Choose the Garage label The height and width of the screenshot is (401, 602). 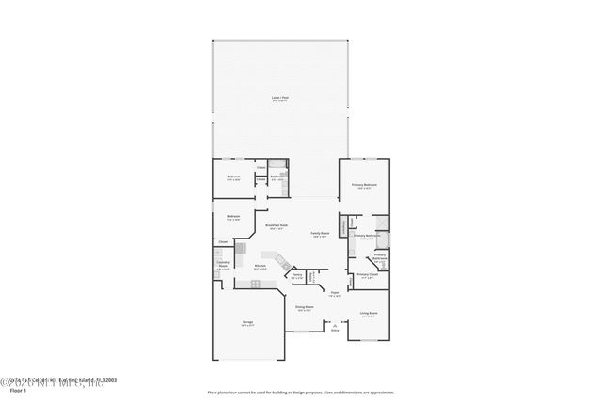[x=247, y=322]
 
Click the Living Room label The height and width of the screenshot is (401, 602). [x=368, y=314]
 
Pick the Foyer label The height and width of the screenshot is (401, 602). [x=335, y=293]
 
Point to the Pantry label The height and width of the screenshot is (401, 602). [x=296, y=275]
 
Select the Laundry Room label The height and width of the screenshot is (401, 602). [x=223, y=266]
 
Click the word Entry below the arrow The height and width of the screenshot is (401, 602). [x=335, y=330]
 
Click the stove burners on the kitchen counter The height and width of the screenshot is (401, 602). [x=241, y=249]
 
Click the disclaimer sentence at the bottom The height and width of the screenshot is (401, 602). [x=300, y=392]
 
